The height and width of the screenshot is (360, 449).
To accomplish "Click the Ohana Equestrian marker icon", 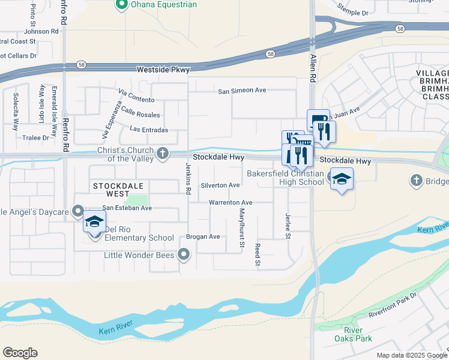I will (x=122, y=5).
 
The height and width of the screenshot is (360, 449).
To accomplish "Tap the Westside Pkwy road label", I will (x=163, y=70).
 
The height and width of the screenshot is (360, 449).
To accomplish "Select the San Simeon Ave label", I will (x=242, y=91).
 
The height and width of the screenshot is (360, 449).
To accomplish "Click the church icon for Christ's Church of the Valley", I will (x=162, y=154).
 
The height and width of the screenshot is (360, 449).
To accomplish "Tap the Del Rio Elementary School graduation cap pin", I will (x=94, y=223).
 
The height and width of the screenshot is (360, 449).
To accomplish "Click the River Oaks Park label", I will (x=358, y=334).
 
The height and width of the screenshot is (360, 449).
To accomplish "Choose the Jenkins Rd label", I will (x=188, y=178).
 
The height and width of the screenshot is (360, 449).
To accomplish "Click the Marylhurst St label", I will (x=242, y=228).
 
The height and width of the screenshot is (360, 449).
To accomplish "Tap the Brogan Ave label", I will (x=203, y=236).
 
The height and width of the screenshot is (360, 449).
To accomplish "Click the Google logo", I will (x=20, y=353).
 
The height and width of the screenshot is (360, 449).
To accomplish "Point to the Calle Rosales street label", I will (x=140, y=115).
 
